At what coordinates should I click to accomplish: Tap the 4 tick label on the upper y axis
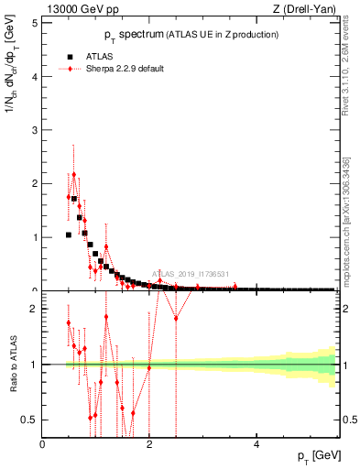pyautogui.click(x=34, y=77)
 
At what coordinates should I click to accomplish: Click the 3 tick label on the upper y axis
pyautogui.click(x=34, y=130)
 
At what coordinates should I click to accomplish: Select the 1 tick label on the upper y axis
pyautogui.click(x=34, y=237)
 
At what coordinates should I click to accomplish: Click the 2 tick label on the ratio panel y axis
pyautogui.click(x=34, y=309)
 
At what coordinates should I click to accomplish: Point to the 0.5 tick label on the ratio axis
pyautogui.click(x=30, y=420)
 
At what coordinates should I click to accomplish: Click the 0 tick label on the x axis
pyautogui.click(x=43, y=444)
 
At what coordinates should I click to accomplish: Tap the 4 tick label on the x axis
pyautogui.click(x=256, y=444)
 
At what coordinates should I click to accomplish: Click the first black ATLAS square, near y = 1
pyautogui.click(x=69, y=234)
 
